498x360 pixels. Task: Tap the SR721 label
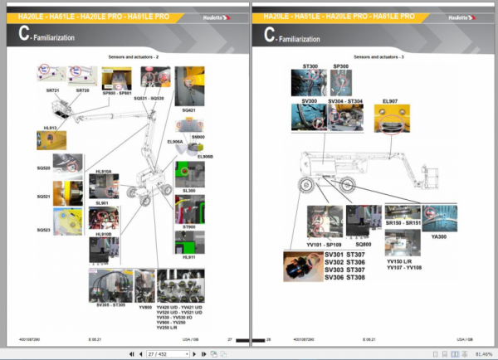(52, 90)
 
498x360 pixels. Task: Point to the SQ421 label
(188, 109)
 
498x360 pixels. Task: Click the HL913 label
(51, 128)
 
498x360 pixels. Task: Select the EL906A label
(175, 142)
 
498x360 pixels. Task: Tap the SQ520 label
(43, 168)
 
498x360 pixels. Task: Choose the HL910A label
(103, 171)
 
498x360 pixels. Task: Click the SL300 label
(188, 190)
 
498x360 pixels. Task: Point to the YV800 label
(145, 306)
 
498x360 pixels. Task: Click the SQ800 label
(363, 244)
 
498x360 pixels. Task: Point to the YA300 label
(439, 236)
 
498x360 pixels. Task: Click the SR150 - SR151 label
(403, 223)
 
